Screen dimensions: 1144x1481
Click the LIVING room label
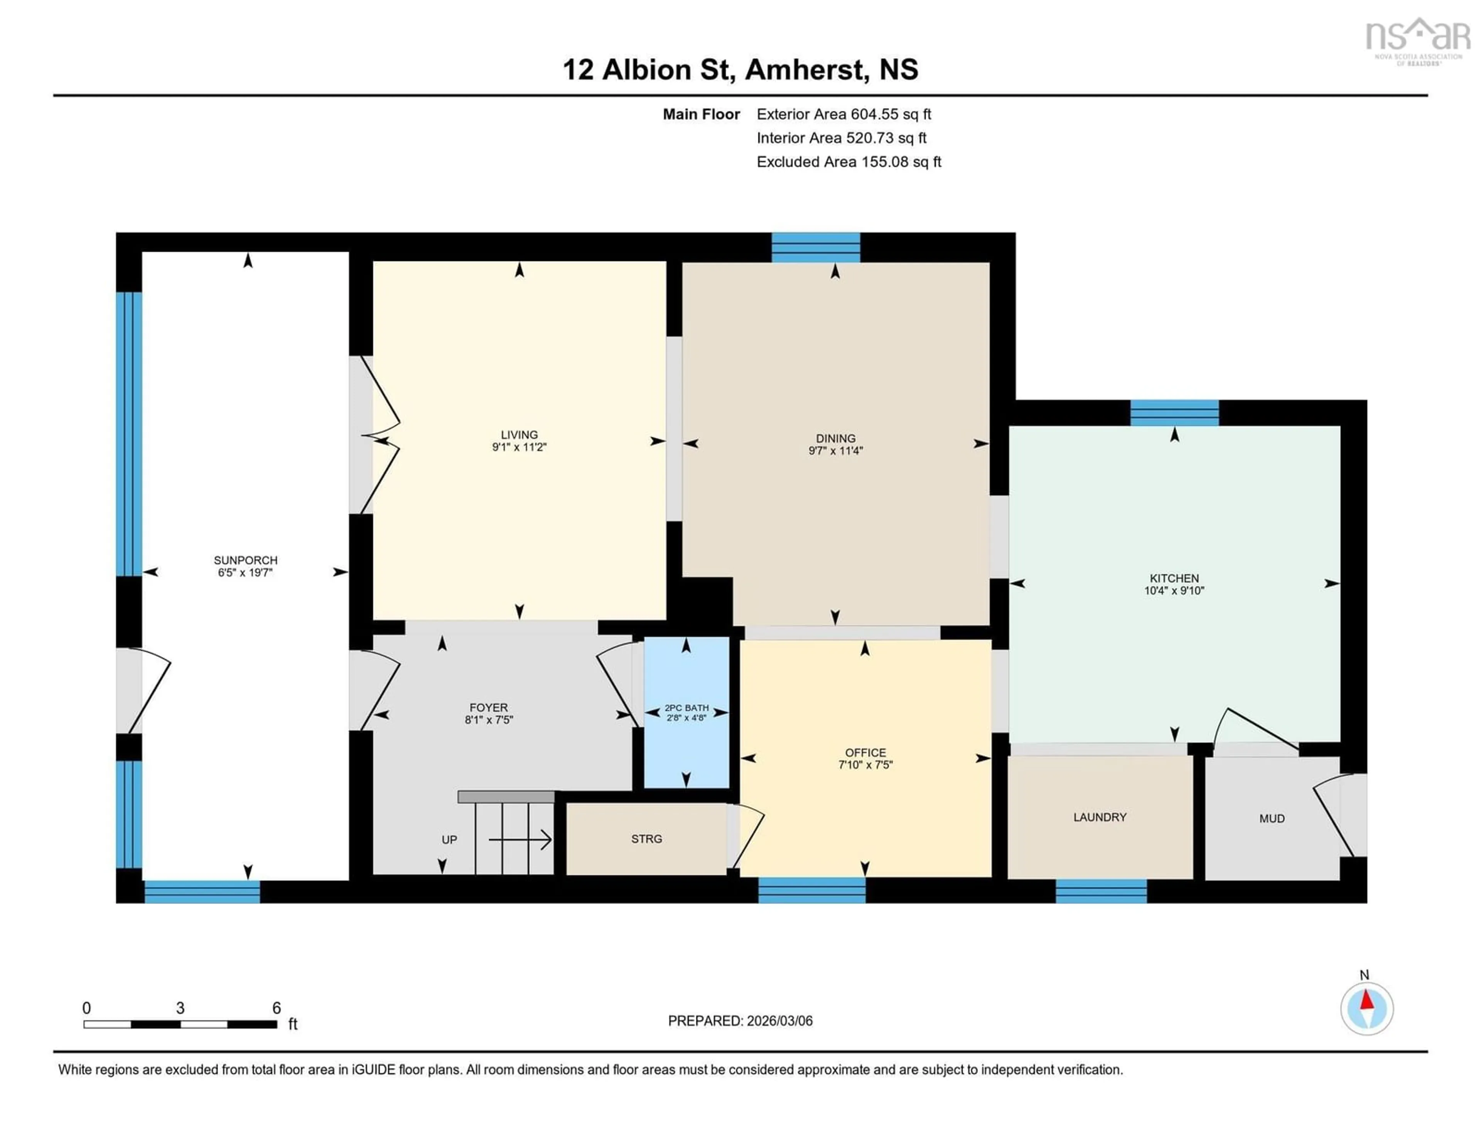point(519,435)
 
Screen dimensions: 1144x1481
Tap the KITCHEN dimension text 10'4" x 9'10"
point(1174,591)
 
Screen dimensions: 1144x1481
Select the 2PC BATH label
point(686,707)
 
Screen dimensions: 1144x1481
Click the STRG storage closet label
point(646,839)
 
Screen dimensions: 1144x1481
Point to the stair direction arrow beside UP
point(520,841)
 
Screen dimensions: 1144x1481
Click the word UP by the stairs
point(449,840)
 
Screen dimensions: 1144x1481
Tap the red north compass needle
point(1367,1001)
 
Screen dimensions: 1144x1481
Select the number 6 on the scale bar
point(276,1008)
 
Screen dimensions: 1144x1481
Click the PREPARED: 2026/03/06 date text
point(740,1021)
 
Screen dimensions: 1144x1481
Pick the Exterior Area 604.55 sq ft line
point(843,114)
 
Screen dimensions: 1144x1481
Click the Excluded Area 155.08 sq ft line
point(848,161)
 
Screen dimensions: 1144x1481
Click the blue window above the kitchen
point(1174,412)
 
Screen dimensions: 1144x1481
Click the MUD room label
point(1272,818)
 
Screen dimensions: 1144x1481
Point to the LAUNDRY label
point(1099,817)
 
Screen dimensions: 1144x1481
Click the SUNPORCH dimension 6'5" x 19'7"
point(245,572)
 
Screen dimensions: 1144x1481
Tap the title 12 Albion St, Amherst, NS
point(740,70)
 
